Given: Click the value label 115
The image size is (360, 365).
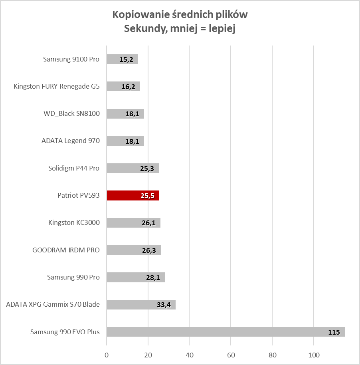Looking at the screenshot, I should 333,332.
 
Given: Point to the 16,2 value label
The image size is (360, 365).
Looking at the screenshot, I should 128,87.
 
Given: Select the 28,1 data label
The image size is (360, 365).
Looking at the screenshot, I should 153,278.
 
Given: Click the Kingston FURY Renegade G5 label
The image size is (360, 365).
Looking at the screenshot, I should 56,86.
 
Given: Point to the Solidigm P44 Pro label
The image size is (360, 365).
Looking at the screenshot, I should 73,168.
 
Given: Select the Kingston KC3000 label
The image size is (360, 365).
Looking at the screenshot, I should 74,222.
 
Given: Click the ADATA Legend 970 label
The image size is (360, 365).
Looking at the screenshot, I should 70,141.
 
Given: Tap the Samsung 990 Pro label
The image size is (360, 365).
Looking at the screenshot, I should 73,277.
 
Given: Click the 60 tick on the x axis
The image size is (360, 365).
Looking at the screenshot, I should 231,355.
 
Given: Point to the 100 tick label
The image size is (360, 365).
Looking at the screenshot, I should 314,355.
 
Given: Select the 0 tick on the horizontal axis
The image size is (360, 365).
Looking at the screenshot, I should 107,355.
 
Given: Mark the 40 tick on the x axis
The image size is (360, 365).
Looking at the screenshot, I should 189,355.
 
